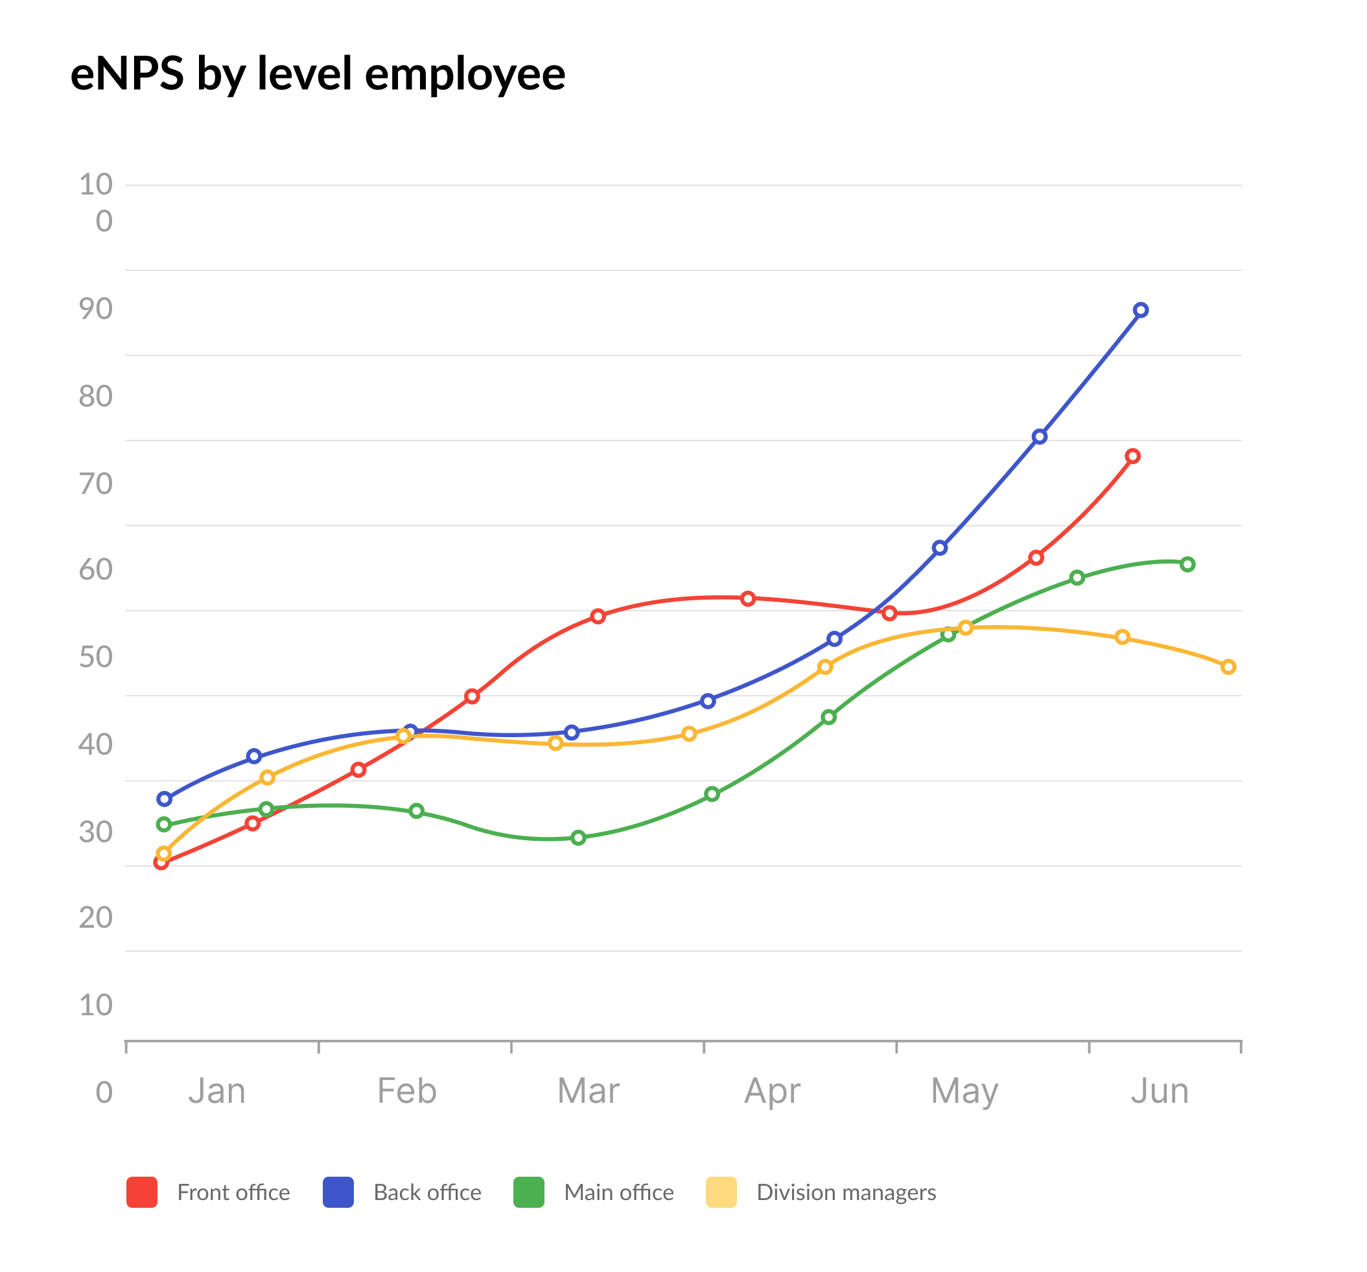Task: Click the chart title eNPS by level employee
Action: point(318,74)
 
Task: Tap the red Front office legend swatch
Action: point(142,1192)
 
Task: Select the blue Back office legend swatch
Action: point(338,1192)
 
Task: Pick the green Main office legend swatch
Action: point(529,1192)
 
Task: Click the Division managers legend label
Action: point(846,1192)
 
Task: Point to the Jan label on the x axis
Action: point(216,1091)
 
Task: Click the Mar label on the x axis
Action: point(588,1091)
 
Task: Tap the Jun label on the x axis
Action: point(1160,1091)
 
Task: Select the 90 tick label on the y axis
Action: point(95,310)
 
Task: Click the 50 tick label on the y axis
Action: point(95,657)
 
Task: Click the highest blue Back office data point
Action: point(1141,311)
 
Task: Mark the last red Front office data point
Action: point(1132,456)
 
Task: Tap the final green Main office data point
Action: point(1187,564)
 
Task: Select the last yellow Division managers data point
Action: point(1229,666)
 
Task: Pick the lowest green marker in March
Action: point(578,837)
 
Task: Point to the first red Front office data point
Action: point(161,863)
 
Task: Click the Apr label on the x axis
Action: point(772,1091)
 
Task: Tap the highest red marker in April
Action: point(748,598)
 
